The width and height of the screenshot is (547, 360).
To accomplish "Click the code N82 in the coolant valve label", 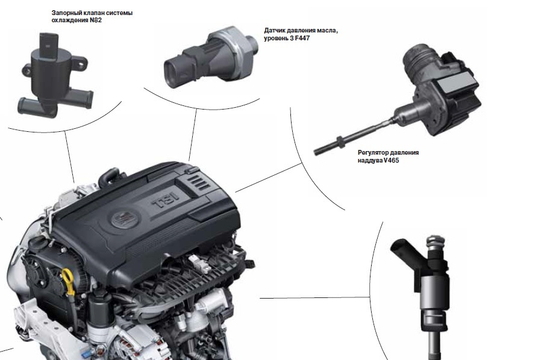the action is tap(96, 20).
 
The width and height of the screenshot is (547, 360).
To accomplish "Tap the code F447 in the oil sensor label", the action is tap(302, 39).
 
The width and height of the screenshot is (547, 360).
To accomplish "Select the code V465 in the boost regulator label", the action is tap(391, 160).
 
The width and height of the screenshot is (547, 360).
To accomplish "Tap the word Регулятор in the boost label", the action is tap(372, 153).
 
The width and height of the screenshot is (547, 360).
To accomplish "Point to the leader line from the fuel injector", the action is tap(314, 297).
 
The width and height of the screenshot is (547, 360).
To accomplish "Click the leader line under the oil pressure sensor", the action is tap(193, 135).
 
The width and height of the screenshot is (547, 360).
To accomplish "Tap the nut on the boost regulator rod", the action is tap(339, 141).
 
